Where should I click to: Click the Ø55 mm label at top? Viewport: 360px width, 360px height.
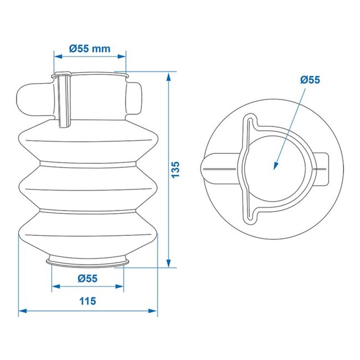click(x=90, y=48)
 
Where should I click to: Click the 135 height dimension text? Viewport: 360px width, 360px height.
click(x=176, y=169)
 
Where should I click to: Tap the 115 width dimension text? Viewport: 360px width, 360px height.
click(x=88, y=301)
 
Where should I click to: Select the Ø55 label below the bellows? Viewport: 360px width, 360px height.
click(x=88, y=278)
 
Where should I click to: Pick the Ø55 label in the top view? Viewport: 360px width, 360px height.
click(x=310, y=80)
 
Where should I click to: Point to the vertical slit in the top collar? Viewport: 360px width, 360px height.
click(x=64, y=100)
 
